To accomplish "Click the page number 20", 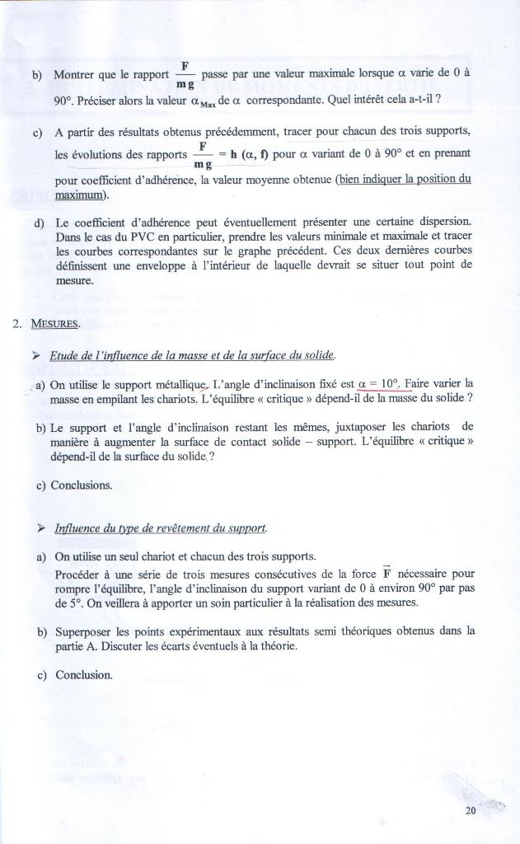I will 471,810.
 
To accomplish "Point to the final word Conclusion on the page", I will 83,675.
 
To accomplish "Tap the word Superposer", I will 86,631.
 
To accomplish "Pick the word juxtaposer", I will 363,427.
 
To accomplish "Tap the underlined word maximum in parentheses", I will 82,195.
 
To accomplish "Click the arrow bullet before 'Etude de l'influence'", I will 36,355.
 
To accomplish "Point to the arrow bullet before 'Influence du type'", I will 37,527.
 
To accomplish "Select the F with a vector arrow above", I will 385,574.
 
